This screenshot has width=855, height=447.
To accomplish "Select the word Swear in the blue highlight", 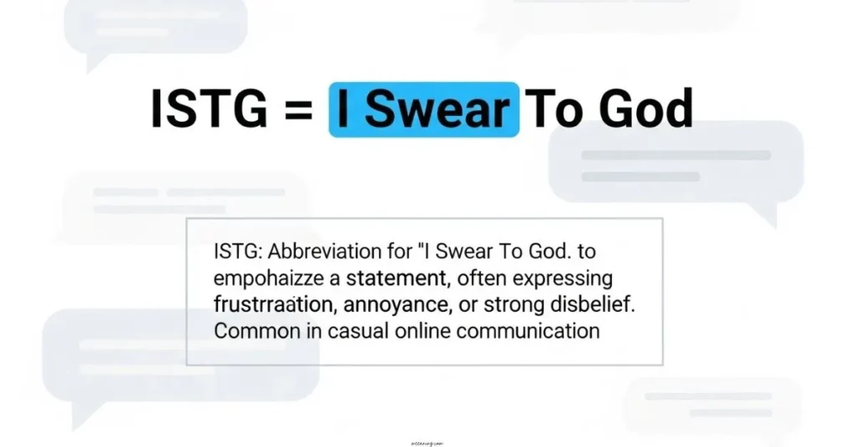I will pos(437,109).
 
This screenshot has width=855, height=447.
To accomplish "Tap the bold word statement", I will pos(397,278).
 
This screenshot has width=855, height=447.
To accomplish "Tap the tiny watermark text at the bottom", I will pos(427,434).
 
